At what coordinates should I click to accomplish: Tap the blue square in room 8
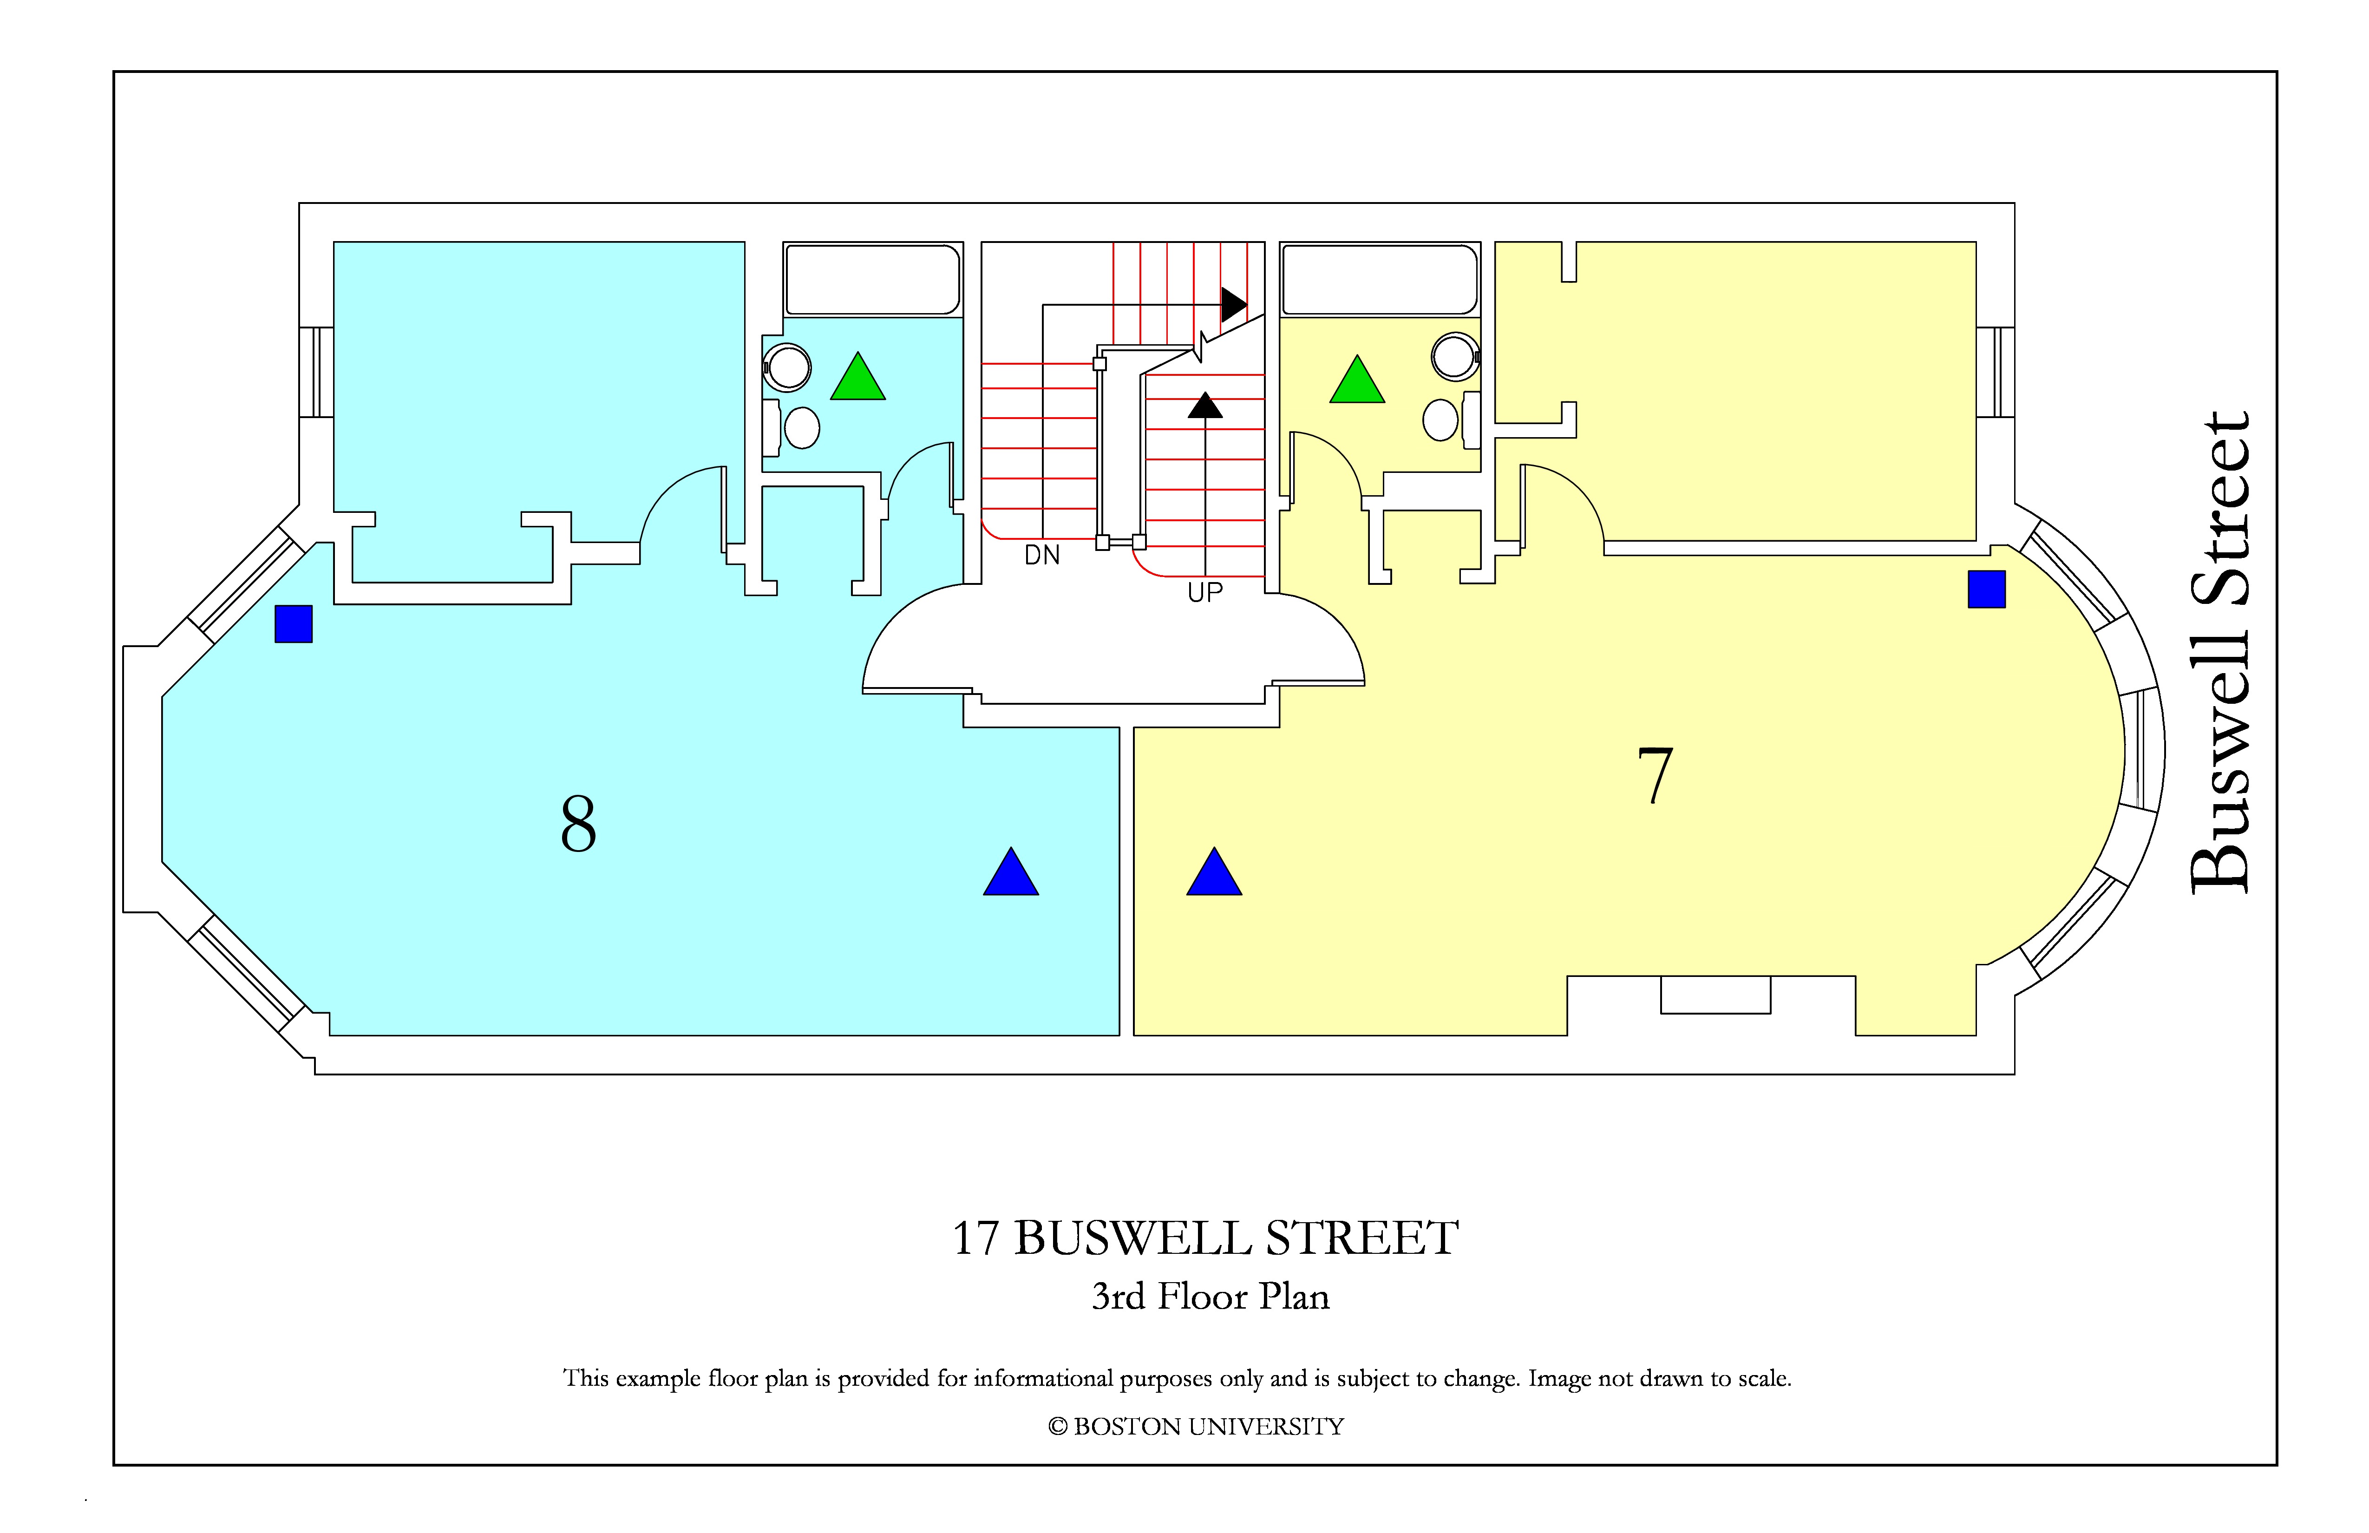[x=294, y=624]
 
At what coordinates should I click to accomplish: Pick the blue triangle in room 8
[x=1011, y=872]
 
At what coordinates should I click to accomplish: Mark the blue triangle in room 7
[x=1214, y=872]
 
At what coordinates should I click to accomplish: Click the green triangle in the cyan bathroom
[x=858, y=377]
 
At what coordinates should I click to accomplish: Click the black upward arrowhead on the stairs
[x=1205, y=405]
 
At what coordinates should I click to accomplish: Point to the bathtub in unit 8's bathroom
[x=873, y=280]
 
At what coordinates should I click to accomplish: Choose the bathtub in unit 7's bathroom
[x=1380, y=280]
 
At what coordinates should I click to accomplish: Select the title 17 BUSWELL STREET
[x=1205, y=1238]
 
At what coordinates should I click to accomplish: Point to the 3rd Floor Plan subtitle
[x=1211, y=1296]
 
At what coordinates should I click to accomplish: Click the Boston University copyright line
[x=1196, y=1427]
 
